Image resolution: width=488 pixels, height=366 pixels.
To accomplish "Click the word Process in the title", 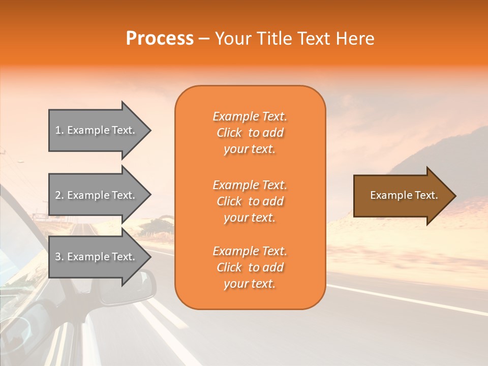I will [160, 39].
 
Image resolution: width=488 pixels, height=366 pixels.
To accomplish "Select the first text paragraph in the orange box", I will [250, 133].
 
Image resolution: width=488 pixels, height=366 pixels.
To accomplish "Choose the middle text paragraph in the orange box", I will [250, 201].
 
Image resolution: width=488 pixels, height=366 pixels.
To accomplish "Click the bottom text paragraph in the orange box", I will [250, 267].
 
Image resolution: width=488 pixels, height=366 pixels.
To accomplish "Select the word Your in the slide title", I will [232, 39].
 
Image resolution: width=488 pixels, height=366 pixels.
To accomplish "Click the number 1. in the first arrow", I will [59, 130].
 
